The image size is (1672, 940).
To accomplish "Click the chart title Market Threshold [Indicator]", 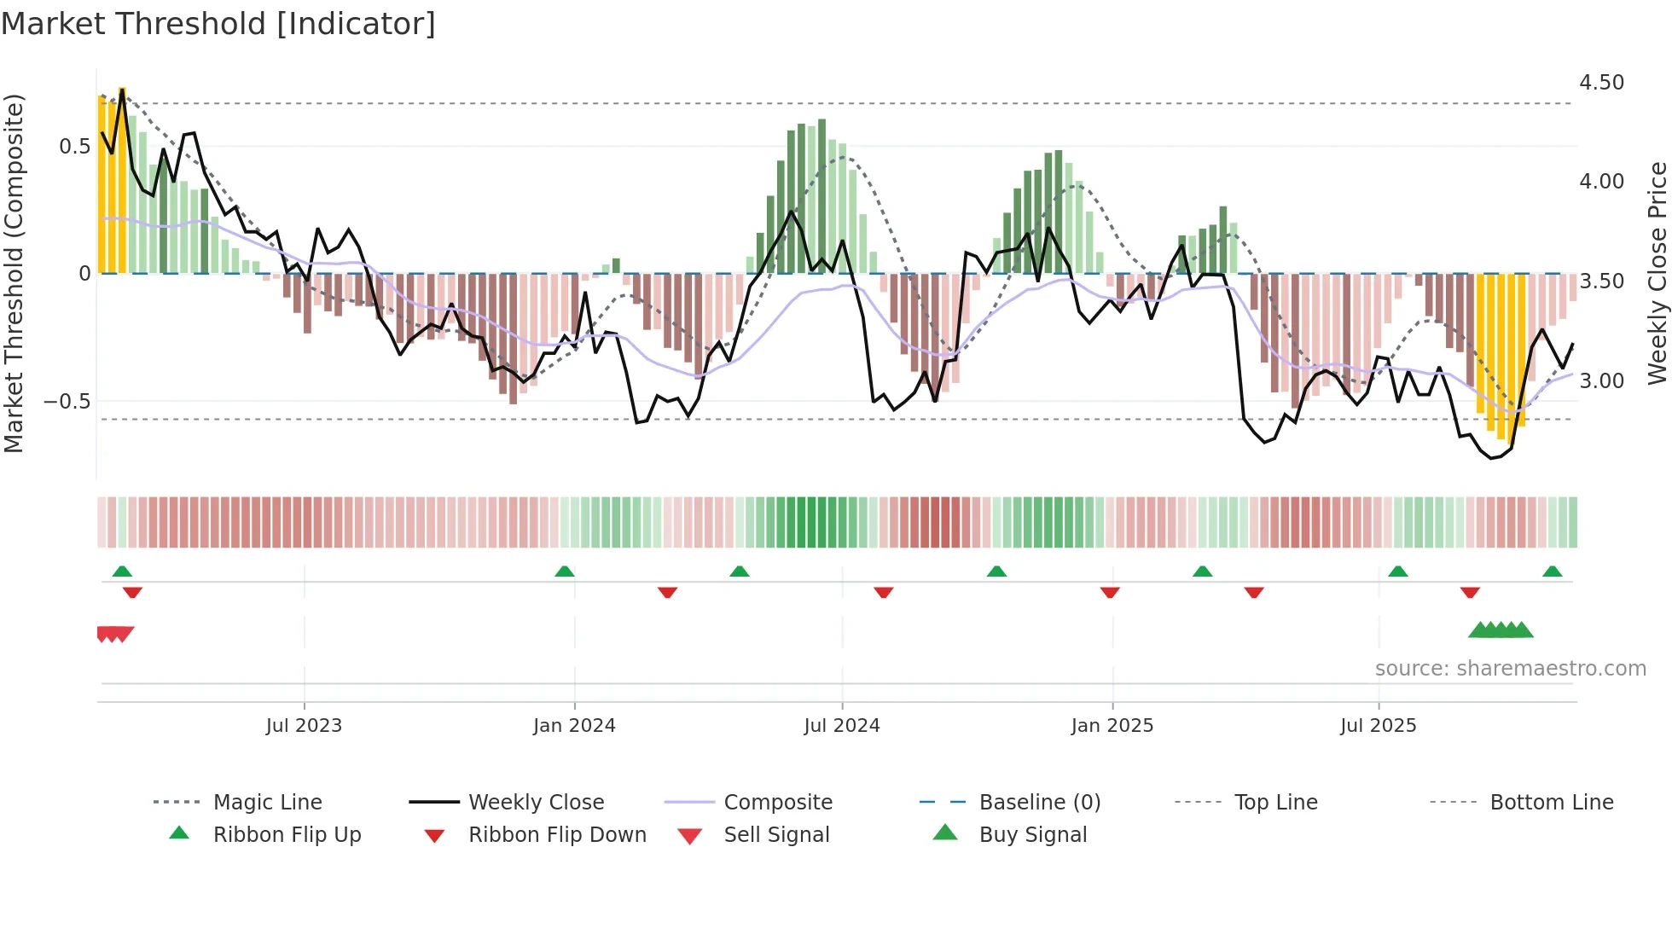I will click(218, 24).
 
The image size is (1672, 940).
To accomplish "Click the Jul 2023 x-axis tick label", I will click(304, 726).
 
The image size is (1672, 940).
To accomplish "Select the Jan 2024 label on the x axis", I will click(574, 726).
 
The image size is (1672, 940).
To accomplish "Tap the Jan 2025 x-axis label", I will click(1112, 726).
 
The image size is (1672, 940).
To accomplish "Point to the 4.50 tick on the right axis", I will click(1601, 83).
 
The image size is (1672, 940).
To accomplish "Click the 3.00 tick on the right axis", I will click(1601, 381).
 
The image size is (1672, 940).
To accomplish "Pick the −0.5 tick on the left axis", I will click(67, 402).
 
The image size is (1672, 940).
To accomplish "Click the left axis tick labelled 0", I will click(84, 274).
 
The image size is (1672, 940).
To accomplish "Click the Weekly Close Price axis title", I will click(1657, 273).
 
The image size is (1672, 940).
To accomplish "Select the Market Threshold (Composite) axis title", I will click(14, 273).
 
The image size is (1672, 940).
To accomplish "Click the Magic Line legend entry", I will click(267, 803).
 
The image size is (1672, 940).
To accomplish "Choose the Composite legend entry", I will click(777, 803).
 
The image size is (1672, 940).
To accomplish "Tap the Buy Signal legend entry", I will click(1032, 835).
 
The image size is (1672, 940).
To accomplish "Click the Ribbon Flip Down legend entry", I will click(556, 835).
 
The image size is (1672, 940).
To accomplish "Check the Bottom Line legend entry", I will click(1551, 803).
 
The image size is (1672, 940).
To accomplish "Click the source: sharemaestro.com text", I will click(1510, 669).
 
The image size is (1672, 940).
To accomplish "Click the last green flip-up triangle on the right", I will click(1552, 572).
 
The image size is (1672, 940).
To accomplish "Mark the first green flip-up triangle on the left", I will click(122, 572).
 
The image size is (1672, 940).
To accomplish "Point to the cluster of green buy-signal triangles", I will click(1501, 631).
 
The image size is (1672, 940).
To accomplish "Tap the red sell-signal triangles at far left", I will click(115, 634).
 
